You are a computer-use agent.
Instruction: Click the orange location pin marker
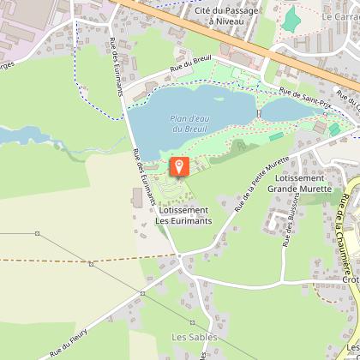click(178, 167)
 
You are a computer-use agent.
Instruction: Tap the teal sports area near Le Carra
click(292, 17)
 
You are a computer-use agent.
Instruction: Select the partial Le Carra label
click(340, 16)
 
